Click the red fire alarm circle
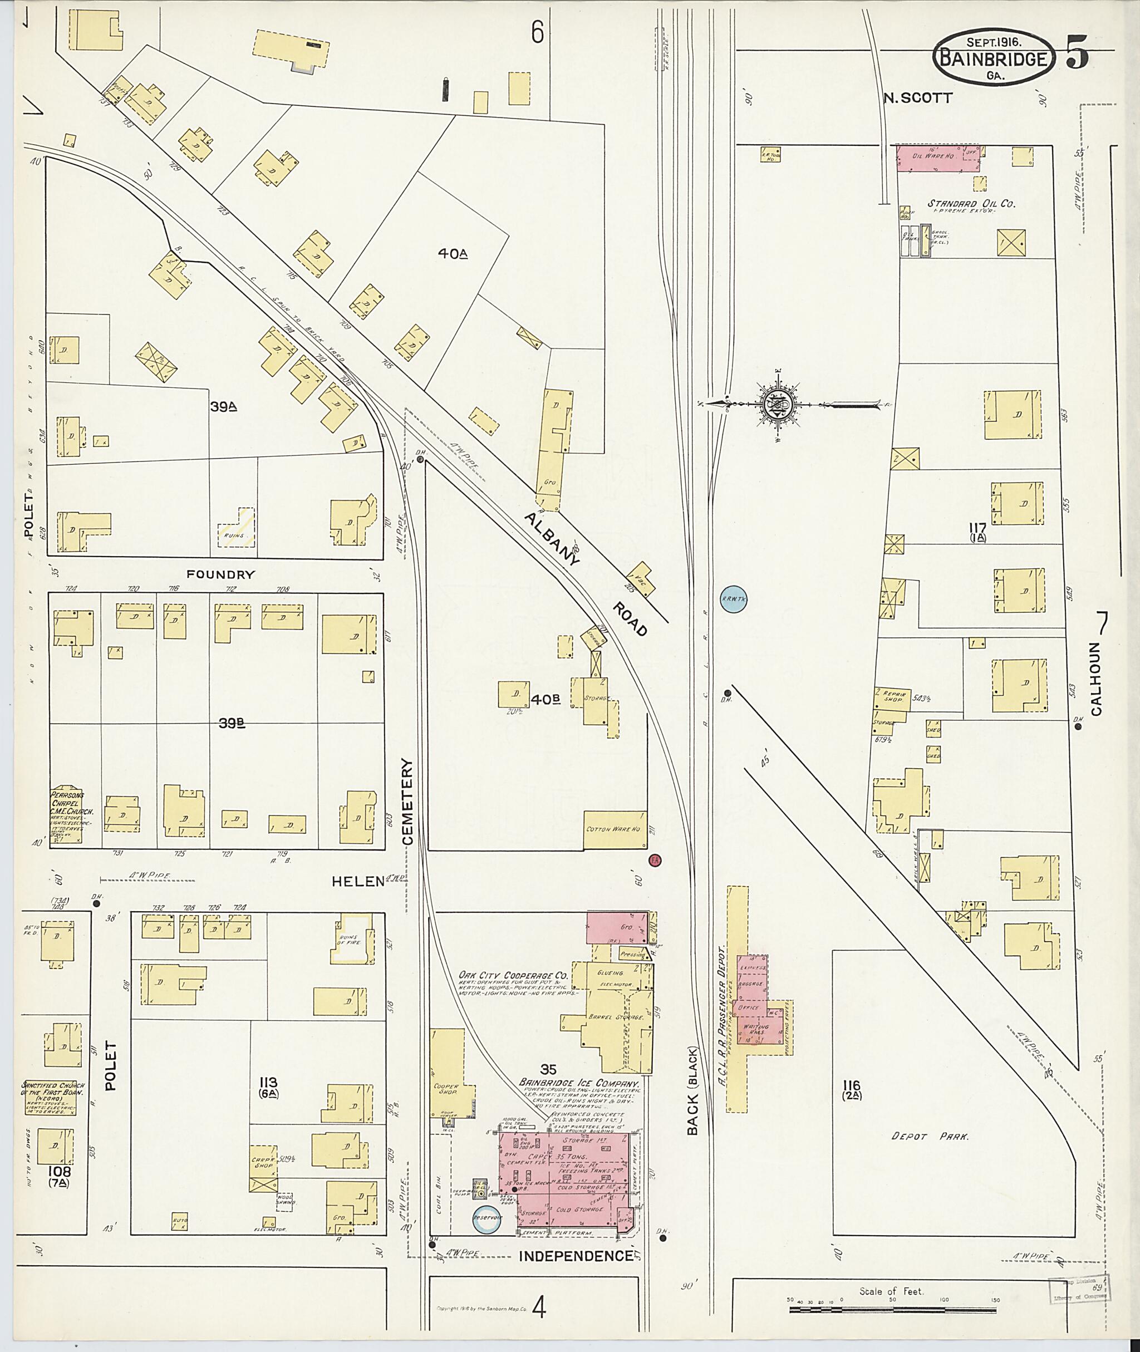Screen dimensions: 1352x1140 tap(654, 860)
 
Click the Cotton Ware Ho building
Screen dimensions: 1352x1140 tap(615, 830)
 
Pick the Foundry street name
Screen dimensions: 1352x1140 tap(220, 574)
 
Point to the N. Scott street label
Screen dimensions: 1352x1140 tap(918, 98)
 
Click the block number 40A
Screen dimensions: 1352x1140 tap(453, 254)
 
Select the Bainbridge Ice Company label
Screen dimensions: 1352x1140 tap(579, 1083)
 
